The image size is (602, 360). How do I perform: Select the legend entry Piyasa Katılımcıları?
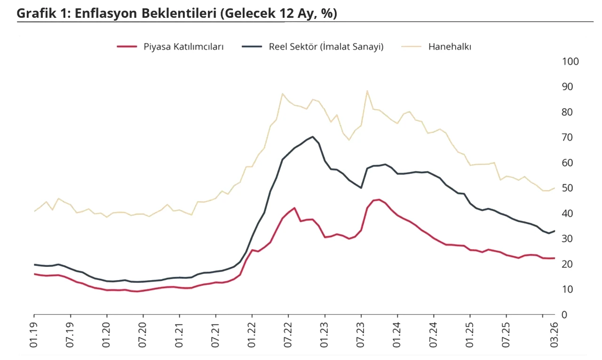[x=183, y=47]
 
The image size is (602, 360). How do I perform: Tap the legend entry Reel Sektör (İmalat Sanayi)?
[x=326, y=47]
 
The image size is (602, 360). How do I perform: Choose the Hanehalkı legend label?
[x=450, y=47]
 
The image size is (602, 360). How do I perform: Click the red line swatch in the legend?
[x=127, y=47]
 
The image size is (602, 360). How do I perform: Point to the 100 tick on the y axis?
[x=570, y=62]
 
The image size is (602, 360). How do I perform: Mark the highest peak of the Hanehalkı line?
[x=367, y=91]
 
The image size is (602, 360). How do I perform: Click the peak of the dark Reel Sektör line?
[x=313, y=136]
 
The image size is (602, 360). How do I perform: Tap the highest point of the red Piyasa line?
[x=379, y=199]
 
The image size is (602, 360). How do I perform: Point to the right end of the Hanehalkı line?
[x=555, y=188]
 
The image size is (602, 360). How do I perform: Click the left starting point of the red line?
[x=34, y=274]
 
